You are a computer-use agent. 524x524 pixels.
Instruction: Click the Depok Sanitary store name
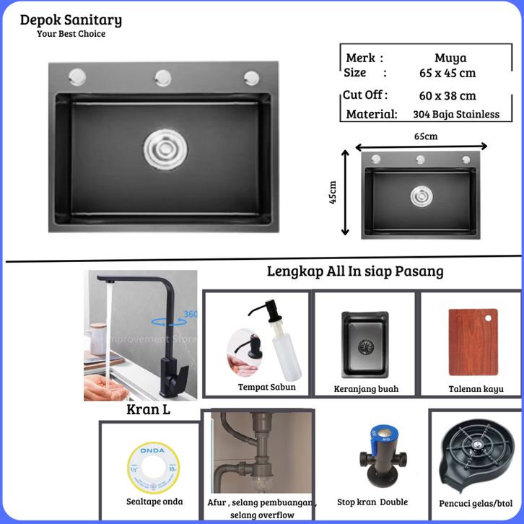71,20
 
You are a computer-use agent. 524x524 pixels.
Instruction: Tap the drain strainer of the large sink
160,148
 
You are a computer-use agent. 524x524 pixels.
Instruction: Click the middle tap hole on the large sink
162,76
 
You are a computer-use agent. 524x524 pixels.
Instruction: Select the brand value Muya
450,58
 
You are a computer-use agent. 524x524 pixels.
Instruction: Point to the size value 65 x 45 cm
447,73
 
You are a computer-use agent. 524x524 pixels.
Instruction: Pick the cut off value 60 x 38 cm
447,95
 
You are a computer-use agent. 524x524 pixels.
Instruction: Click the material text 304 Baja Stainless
456,114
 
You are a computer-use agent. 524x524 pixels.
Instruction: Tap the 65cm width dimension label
425,135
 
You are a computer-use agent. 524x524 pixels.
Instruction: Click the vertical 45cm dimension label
333,192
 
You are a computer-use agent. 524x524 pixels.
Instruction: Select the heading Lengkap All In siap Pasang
355,271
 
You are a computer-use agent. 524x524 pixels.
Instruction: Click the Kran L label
149,410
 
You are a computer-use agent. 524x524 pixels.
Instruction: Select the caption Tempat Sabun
266,387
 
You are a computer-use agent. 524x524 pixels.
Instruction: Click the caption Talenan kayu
471,388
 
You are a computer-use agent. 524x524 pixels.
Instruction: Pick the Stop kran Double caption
372,502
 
